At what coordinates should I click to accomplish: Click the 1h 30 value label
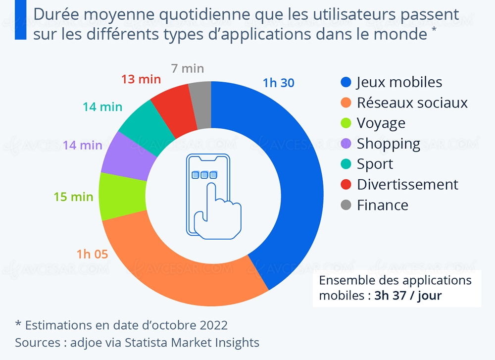point(278,83)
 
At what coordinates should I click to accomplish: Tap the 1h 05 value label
point(92,255)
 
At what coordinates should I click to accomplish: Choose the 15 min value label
point(73,197)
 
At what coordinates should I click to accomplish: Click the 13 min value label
point(141,79)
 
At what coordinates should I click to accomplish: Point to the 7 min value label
point(188,68)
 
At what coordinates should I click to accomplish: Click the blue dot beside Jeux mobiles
point(346,82)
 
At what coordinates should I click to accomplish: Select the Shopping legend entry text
point(389,144)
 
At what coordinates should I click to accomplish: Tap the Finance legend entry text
point(383,205)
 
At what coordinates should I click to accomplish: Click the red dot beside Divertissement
point(346,185)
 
